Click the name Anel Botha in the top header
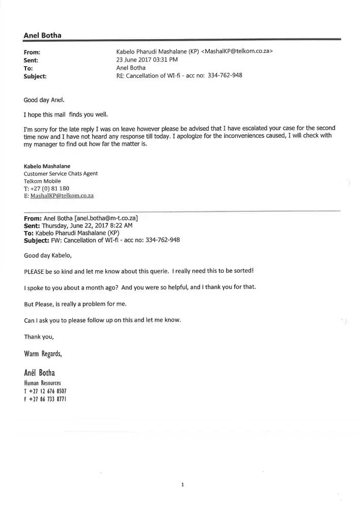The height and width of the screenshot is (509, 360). tap(43, 35)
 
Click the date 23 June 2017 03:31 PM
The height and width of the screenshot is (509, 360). tap(147, 60)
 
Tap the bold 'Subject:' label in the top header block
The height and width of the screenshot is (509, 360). tap(35, 76)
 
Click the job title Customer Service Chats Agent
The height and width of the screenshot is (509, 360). tap(61, 174)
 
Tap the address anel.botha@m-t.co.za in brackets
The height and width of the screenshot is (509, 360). tap(106, 218)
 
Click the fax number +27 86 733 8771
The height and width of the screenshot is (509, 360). tap(48, 400)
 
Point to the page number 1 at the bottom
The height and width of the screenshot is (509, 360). tap(182, 485)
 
